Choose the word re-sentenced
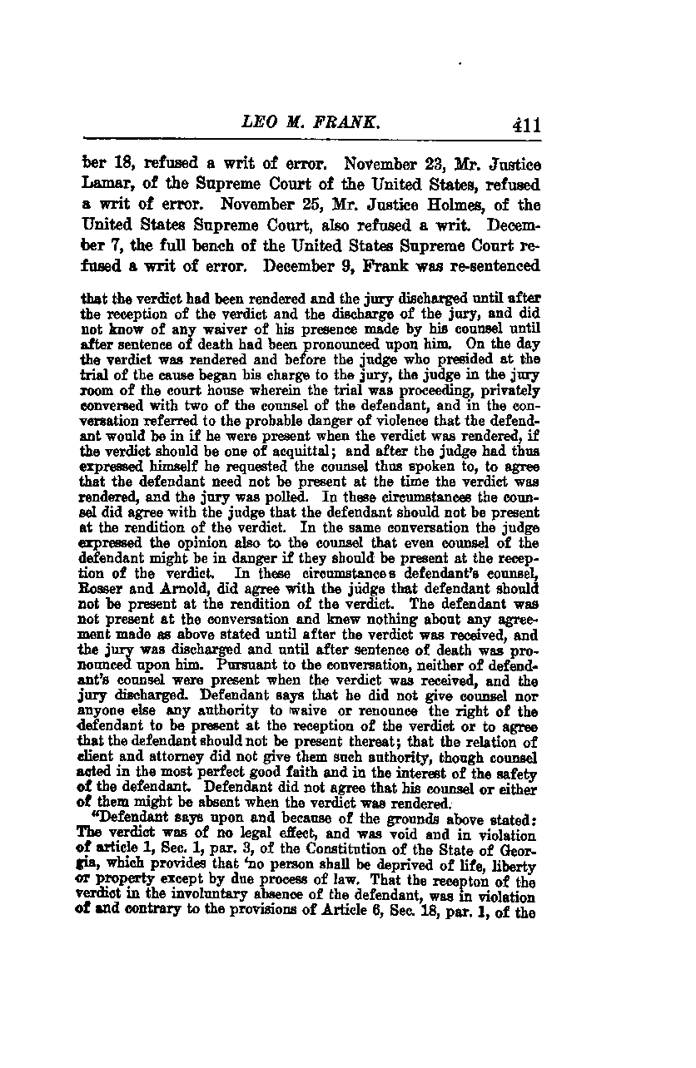click(x=492, y=265)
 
